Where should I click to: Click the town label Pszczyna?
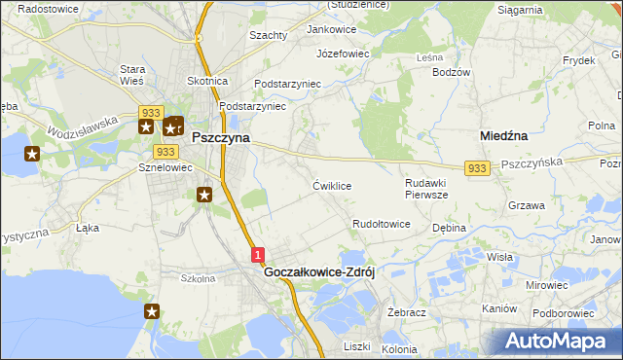(x=220, y=138)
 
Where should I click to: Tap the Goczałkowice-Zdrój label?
(x=319, y=273)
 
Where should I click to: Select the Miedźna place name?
(x=504, y=136)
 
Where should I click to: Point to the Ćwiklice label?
(x=332, y=185)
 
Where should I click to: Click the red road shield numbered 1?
(x=257, y=255)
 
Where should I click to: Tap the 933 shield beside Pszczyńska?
(x=476, y=168)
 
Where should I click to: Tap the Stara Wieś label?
(x=132, y=75)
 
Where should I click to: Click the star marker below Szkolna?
(x=153, y=311)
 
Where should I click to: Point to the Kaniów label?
(x=498, y=307)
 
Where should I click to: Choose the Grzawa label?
(x=526, y=205)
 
